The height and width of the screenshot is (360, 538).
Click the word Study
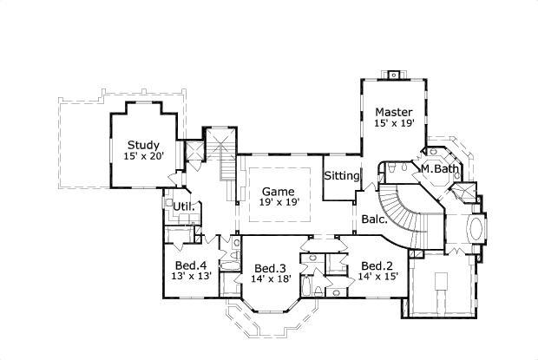pos(142,145)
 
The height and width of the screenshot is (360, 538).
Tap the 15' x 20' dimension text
pos(142,156)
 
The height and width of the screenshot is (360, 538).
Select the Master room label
pos(393,112)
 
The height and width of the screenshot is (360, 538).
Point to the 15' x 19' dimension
pos(394,123)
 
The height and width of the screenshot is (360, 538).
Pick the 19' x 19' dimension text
pos(279,202)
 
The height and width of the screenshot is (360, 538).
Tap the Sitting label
pos(342,176)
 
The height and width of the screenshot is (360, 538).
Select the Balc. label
pos(374,219)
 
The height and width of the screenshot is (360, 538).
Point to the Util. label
pos(182,206)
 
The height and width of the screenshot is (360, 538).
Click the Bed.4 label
pos(190,265)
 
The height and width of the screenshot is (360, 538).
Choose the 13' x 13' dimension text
pos(190,277)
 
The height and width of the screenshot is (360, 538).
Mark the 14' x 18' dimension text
pos(271,278)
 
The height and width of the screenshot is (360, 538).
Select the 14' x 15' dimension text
pos(378,277)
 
